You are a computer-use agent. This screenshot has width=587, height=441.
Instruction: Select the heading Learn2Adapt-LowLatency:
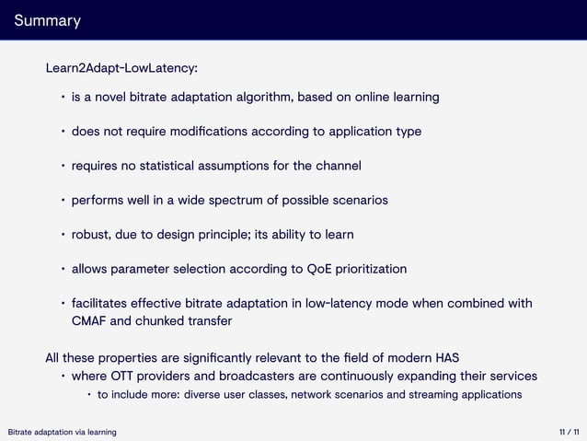point(121,68)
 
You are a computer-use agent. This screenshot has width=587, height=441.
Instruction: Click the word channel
point(337,166)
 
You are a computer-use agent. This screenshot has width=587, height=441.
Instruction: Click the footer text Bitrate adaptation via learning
point(62,432)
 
